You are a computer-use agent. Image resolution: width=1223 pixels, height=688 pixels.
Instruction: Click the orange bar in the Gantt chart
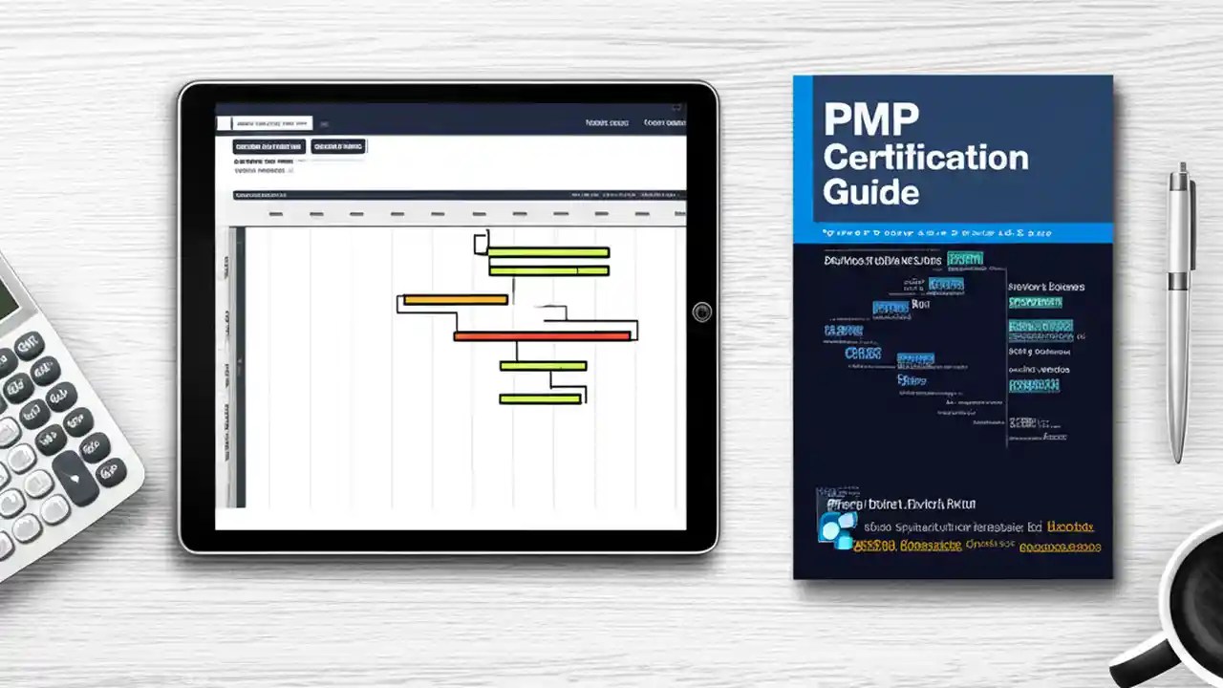click(x=455, y=300)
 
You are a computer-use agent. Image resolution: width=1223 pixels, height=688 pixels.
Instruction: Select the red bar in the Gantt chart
click(x=542, y=335)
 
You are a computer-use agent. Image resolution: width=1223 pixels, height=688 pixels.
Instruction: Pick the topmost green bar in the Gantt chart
click(x=548, y=252)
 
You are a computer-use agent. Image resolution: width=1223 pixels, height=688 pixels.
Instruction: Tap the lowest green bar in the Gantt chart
click(x=540, y=398)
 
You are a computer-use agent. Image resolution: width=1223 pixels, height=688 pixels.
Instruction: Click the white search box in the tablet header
click(x=265, y=122)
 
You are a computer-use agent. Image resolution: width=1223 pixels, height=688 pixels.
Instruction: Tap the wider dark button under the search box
click(x=269, y=146)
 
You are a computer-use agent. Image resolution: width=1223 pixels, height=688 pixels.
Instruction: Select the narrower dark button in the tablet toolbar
click(x=338, y=146)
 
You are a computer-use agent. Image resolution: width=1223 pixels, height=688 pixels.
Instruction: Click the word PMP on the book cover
click(x=870, y=119)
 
